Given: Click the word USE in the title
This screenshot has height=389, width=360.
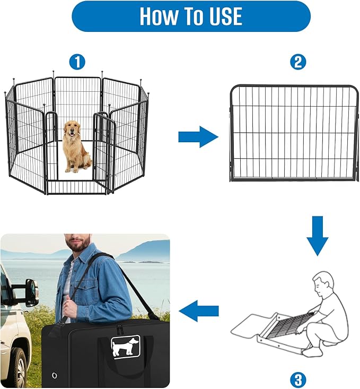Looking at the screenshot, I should click(221, 16).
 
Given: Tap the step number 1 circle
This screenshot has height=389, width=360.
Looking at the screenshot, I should click(77, 62).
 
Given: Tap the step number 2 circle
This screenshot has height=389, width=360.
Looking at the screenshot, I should click(298, 62).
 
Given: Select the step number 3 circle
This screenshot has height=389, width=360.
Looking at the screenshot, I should click(298, 379).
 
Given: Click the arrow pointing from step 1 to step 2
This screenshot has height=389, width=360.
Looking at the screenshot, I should click(198, 137).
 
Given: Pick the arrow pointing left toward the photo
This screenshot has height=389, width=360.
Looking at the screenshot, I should click(199, 311).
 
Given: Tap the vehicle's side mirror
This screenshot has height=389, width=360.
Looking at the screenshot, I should click(31, 293).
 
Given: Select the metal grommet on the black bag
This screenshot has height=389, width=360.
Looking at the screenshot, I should click(54, 376).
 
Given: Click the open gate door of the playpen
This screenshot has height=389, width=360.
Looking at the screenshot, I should click(104, 151).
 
